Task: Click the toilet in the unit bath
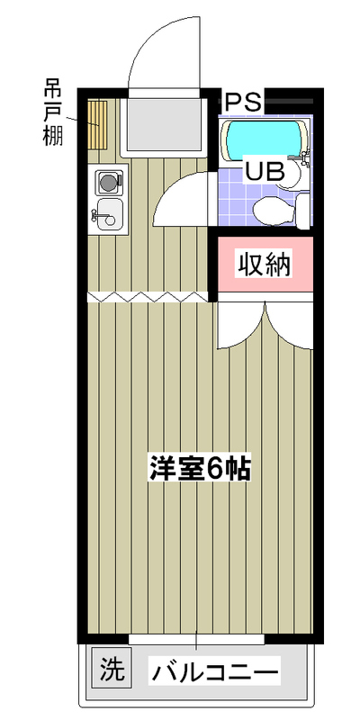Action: (x=281, y=211)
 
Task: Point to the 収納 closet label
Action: (x=264, y=265)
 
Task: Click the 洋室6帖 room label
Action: (x=200, y=467)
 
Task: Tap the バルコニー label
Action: (x=215, y=673)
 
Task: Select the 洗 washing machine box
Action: (x=112, y=667)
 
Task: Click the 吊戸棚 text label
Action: (x=53, y=112)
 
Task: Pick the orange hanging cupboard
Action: (x=97, y=125)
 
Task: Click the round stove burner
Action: (x=109, y=182)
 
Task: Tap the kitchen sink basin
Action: (x=110, y=214)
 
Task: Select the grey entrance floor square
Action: (x=164, y=125)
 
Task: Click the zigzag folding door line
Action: (x=148, y=297)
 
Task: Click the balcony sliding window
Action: (x=196, y=640)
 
